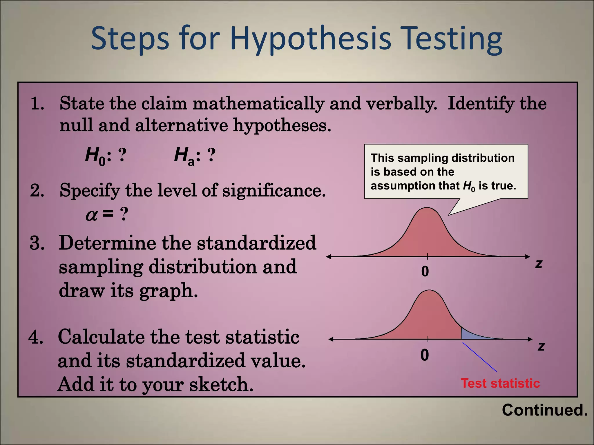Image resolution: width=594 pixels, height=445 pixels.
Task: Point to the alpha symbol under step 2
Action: [92, 215]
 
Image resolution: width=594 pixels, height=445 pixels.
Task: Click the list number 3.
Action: [37, 243]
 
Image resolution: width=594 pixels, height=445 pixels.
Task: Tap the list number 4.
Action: [36, 337]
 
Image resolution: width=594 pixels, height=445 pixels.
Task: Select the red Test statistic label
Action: [500, 383]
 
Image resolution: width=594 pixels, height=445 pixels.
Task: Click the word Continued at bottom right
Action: [545, 410]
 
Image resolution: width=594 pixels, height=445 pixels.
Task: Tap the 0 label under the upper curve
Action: [425, 271]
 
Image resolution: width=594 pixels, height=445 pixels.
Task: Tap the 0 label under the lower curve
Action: [425, 355]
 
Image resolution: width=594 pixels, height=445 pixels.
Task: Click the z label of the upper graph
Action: [539, 264]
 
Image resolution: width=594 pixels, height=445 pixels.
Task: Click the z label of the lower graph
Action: [541, 346]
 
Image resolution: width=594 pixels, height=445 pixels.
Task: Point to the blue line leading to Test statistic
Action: [479, 357]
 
